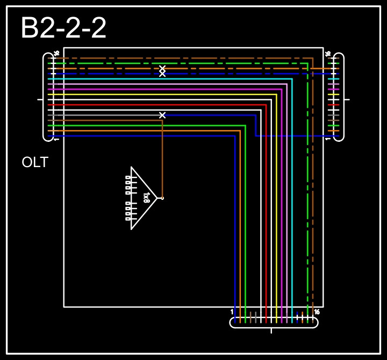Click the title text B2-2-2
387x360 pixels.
coord(63,28)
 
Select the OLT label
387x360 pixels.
coord(35,162)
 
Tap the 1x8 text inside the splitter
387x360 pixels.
coord(146,198)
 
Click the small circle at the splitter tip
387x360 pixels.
coord(162,198)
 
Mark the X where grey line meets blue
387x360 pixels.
coord(162,115)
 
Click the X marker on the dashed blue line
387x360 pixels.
coord(162,74)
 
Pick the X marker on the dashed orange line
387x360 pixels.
coord(162,68)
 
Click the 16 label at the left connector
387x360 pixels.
coord(56,53)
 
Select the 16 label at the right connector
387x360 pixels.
coord(328,53)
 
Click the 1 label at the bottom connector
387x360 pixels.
coord(232,312)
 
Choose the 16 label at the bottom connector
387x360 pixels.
coord(317,312)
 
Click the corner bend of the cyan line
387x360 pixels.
coord(292,79)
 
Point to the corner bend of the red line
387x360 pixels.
coord(266,105)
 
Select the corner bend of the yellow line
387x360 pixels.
coord(276,95)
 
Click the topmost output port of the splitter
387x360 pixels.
coord(128,177)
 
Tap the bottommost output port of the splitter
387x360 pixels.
coord(128,219)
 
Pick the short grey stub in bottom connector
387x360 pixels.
coord(256,315)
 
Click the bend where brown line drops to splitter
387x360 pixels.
coord(162,120)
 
